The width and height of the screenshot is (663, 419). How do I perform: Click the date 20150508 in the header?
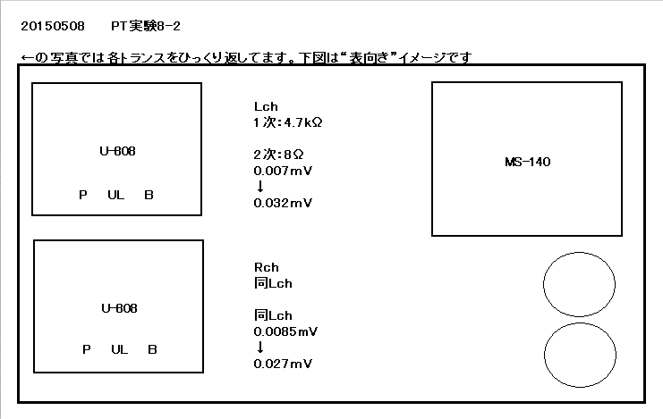point(53,26)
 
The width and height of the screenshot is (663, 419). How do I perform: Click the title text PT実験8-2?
point(146,26)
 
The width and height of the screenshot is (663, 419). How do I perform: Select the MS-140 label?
point(528,162)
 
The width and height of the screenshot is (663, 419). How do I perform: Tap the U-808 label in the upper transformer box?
point(117,151)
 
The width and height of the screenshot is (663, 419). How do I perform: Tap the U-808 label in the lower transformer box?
point(119,308)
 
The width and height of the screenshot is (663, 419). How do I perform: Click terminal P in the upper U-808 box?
point(83,195)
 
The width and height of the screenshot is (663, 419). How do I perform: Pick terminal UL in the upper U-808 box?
point(115,195)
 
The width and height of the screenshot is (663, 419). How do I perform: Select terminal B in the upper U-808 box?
point(149,195)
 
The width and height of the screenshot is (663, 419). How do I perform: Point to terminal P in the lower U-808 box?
point(87,349)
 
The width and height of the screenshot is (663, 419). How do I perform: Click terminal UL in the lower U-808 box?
point(120,349)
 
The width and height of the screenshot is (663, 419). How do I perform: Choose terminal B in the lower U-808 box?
point(152,349)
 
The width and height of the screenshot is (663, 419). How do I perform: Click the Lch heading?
point(266,106)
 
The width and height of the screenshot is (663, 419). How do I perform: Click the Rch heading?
point(267,267)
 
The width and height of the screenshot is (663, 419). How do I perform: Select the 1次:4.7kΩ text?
point(288,122)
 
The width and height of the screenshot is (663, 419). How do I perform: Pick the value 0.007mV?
point(283,171)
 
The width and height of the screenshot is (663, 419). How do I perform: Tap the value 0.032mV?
point(283,203)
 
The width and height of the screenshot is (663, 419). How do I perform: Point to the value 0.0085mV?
point(285,331)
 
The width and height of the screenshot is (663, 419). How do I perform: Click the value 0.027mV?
point(283,364)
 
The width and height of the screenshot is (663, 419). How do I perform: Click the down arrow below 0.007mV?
point(260,186)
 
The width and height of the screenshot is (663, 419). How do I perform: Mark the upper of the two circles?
point(543,284)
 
